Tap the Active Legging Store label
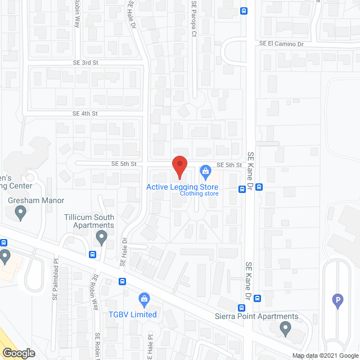coord(182,187)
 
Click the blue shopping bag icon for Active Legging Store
coord(205,170)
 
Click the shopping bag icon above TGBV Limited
coord(144,298)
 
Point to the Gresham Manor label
coord(36,200)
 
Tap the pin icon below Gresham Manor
coord(21,213)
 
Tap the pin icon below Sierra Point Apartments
coord(285,328)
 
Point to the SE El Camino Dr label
coord(281,43)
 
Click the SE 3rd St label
coord(85,62)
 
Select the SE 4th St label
coord(85,114)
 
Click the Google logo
coord(18,353)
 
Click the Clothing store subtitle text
coord(199,194)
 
